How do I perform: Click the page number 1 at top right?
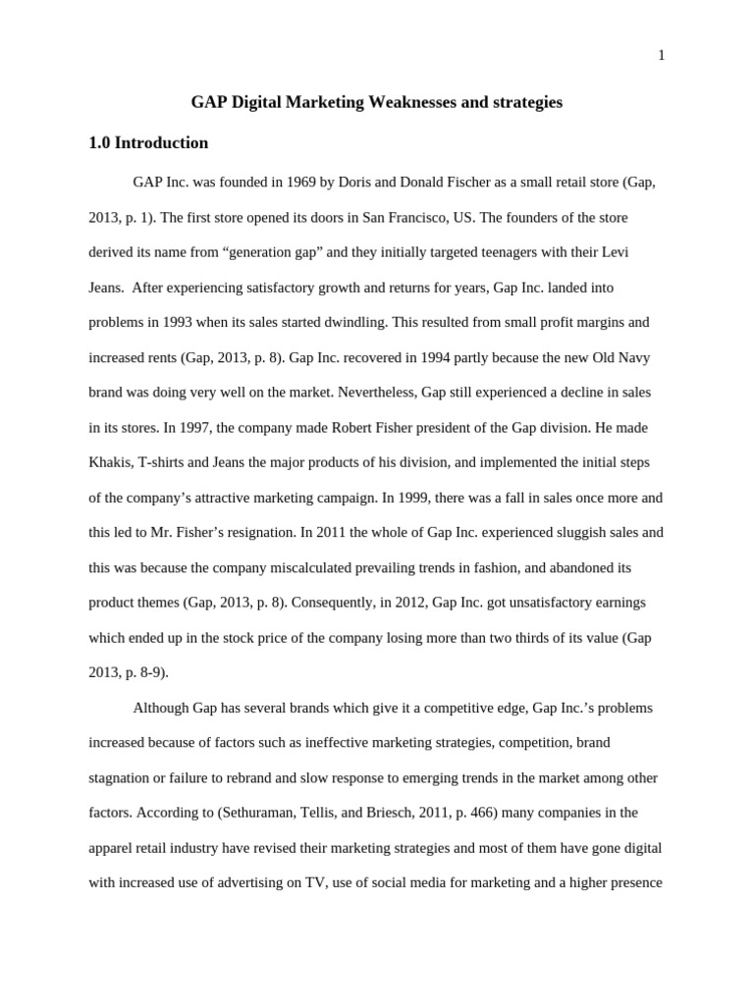click(661, 56)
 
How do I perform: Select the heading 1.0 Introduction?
click(148, 143)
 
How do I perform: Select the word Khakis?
click(111, 462)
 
